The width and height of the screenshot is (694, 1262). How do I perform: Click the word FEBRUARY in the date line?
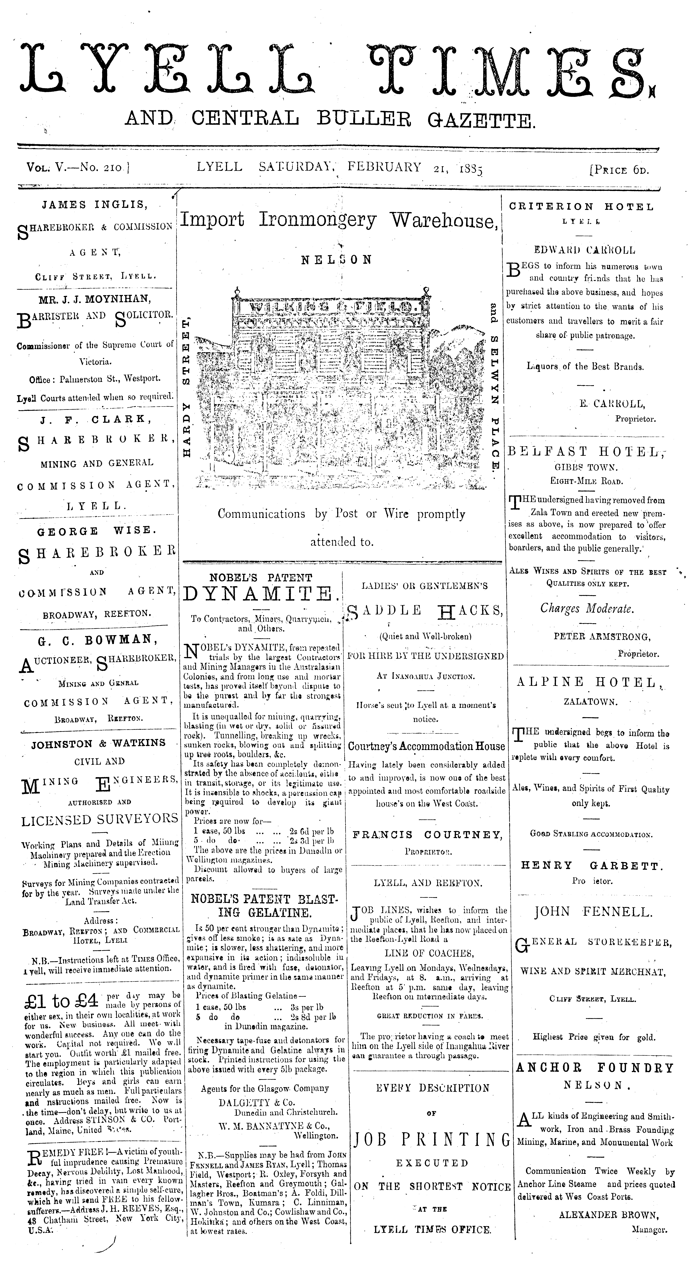coord(384,167)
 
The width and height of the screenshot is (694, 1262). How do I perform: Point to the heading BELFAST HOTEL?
coord(586,452)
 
